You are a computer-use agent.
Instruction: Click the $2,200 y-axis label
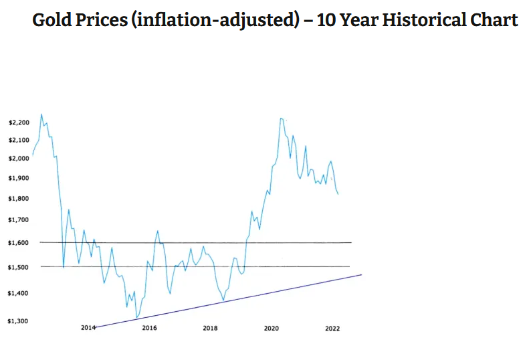tap(19, 123)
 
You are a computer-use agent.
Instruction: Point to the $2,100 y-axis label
tap(19, 140)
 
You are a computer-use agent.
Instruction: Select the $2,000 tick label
tap(19, 159)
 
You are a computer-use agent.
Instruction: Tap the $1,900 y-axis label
tap(19, 179)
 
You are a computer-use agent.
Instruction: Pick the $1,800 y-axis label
tap(19, 199)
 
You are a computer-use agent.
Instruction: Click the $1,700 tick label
tap(19, 220)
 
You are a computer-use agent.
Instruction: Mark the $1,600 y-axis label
tap(19, 243)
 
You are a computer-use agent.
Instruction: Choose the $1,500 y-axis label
tap(19, 268)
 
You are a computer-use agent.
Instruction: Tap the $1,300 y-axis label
tap(19, 321)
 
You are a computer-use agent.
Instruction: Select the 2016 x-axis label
tap(149, 328)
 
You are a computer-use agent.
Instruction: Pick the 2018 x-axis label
tap(210, 328)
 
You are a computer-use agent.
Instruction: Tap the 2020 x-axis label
tap(272, 328)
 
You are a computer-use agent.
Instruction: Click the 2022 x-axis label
tap(332, 328)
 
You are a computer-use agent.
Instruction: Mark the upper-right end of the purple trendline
tap(361, 275)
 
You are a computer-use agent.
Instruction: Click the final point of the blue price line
tap(338, 195)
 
